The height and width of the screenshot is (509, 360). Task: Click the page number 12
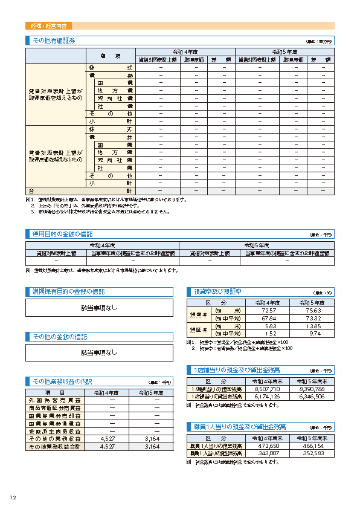(x=12, y=498)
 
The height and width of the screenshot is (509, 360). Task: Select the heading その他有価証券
(x=54, y=41)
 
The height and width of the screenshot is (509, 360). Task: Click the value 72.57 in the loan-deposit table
(x=269, y=310)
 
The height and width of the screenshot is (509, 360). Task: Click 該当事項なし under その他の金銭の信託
(x=99, y=352)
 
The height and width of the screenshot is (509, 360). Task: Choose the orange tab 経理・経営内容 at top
(x=49, y=26)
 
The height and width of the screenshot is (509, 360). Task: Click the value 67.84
(x=269, y=318)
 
